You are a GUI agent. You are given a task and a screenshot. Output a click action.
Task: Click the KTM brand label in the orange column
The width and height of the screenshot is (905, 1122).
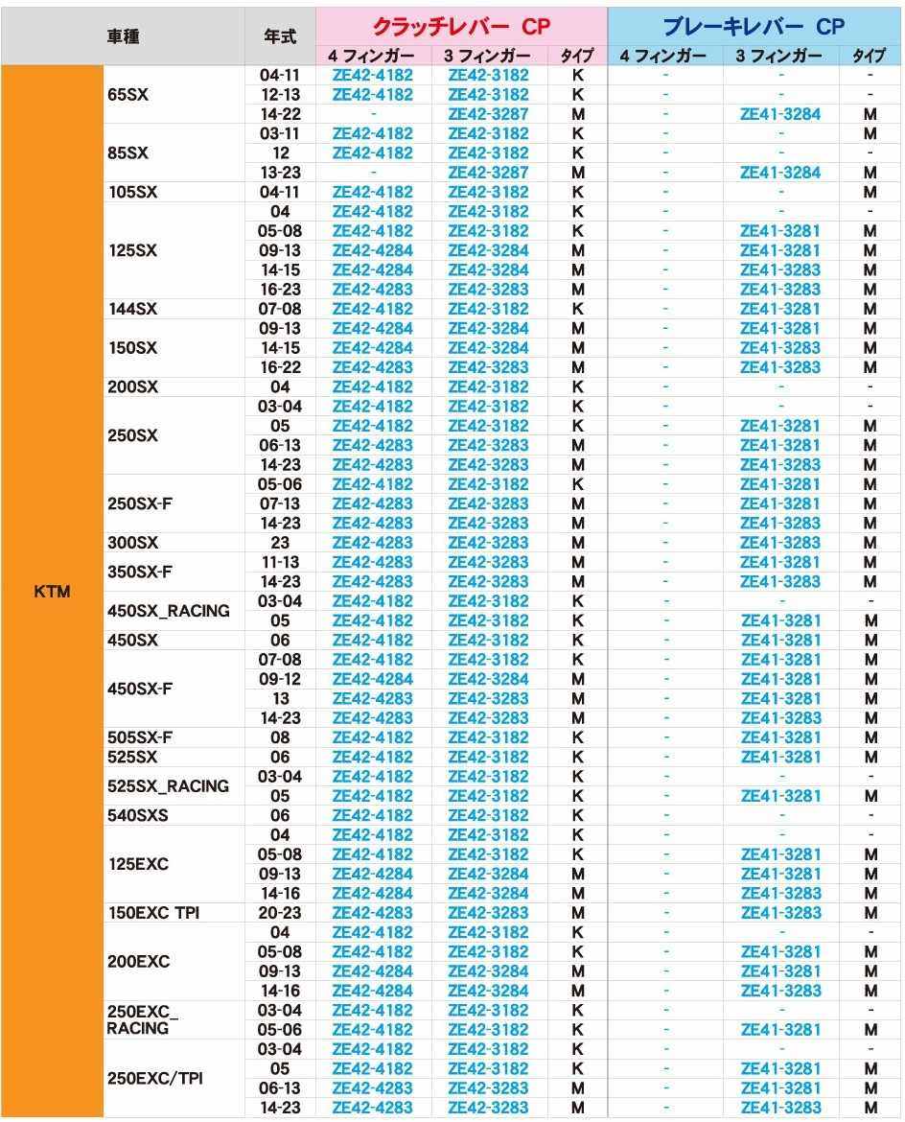pos(51,592)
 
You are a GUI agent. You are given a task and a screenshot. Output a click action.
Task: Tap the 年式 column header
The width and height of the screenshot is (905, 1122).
pos(280,35)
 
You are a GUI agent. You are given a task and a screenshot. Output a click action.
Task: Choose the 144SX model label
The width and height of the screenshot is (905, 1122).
pos(133,309)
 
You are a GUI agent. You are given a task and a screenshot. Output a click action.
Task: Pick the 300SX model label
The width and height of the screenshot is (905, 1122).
pos(133,543)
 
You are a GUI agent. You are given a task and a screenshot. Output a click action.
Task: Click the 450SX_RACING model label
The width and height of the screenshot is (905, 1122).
pos(169,611)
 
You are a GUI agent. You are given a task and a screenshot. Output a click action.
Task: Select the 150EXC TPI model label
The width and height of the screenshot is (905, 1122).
pos(153,913)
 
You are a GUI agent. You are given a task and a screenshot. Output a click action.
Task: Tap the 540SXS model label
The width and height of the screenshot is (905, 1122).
pos(138,815)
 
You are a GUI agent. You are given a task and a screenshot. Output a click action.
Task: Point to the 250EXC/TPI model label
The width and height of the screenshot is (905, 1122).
pos(154,1079)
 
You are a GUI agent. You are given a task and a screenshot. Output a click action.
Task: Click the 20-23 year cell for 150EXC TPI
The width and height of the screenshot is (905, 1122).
pos(280,913)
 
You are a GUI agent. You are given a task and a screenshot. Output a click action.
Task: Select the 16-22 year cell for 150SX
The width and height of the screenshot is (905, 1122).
pos(280,367)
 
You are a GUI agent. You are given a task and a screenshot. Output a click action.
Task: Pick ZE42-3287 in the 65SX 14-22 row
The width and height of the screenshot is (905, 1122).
pos(488,114)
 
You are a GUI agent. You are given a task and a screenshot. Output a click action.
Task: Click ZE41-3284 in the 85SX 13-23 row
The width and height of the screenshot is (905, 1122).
pos(780,173)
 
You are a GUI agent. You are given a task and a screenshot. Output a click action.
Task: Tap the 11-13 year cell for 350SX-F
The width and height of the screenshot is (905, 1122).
pos(280,562)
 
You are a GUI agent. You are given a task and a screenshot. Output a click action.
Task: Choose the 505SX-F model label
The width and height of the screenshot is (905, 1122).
pos(140,737)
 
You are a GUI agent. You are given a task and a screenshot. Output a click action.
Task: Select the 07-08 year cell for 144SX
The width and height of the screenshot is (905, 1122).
pos(280,309)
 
